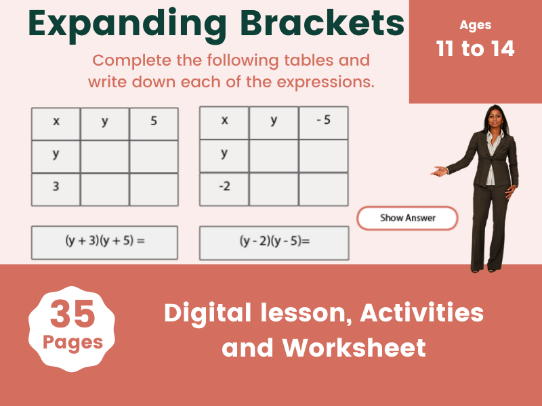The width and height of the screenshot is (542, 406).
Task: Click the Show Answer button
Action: click(407, 218)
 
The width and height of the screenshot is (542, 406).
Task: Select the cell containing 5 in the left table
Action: click(154, 123)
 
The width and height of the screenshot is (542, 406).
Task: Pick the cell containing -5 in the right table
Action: click(323, 122)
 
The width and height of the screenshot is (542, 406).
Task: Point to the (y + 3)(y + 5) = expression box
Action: click(104, 242)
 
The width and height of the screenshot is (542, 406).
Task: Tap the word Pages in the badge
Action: click(72, 342)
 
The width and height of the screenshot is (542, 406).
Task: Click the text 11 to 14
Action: click(476, 49)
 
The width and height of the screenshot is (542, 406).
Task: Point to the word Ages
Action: click(476, 26)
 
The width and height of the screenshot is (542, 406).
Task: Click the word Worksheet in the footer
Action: click(354, 347)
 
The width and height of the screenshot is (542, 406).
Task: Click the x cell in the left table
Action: click(56, 123)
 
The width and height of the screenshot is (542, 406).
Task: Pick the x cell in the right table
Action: click(224, 122)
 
